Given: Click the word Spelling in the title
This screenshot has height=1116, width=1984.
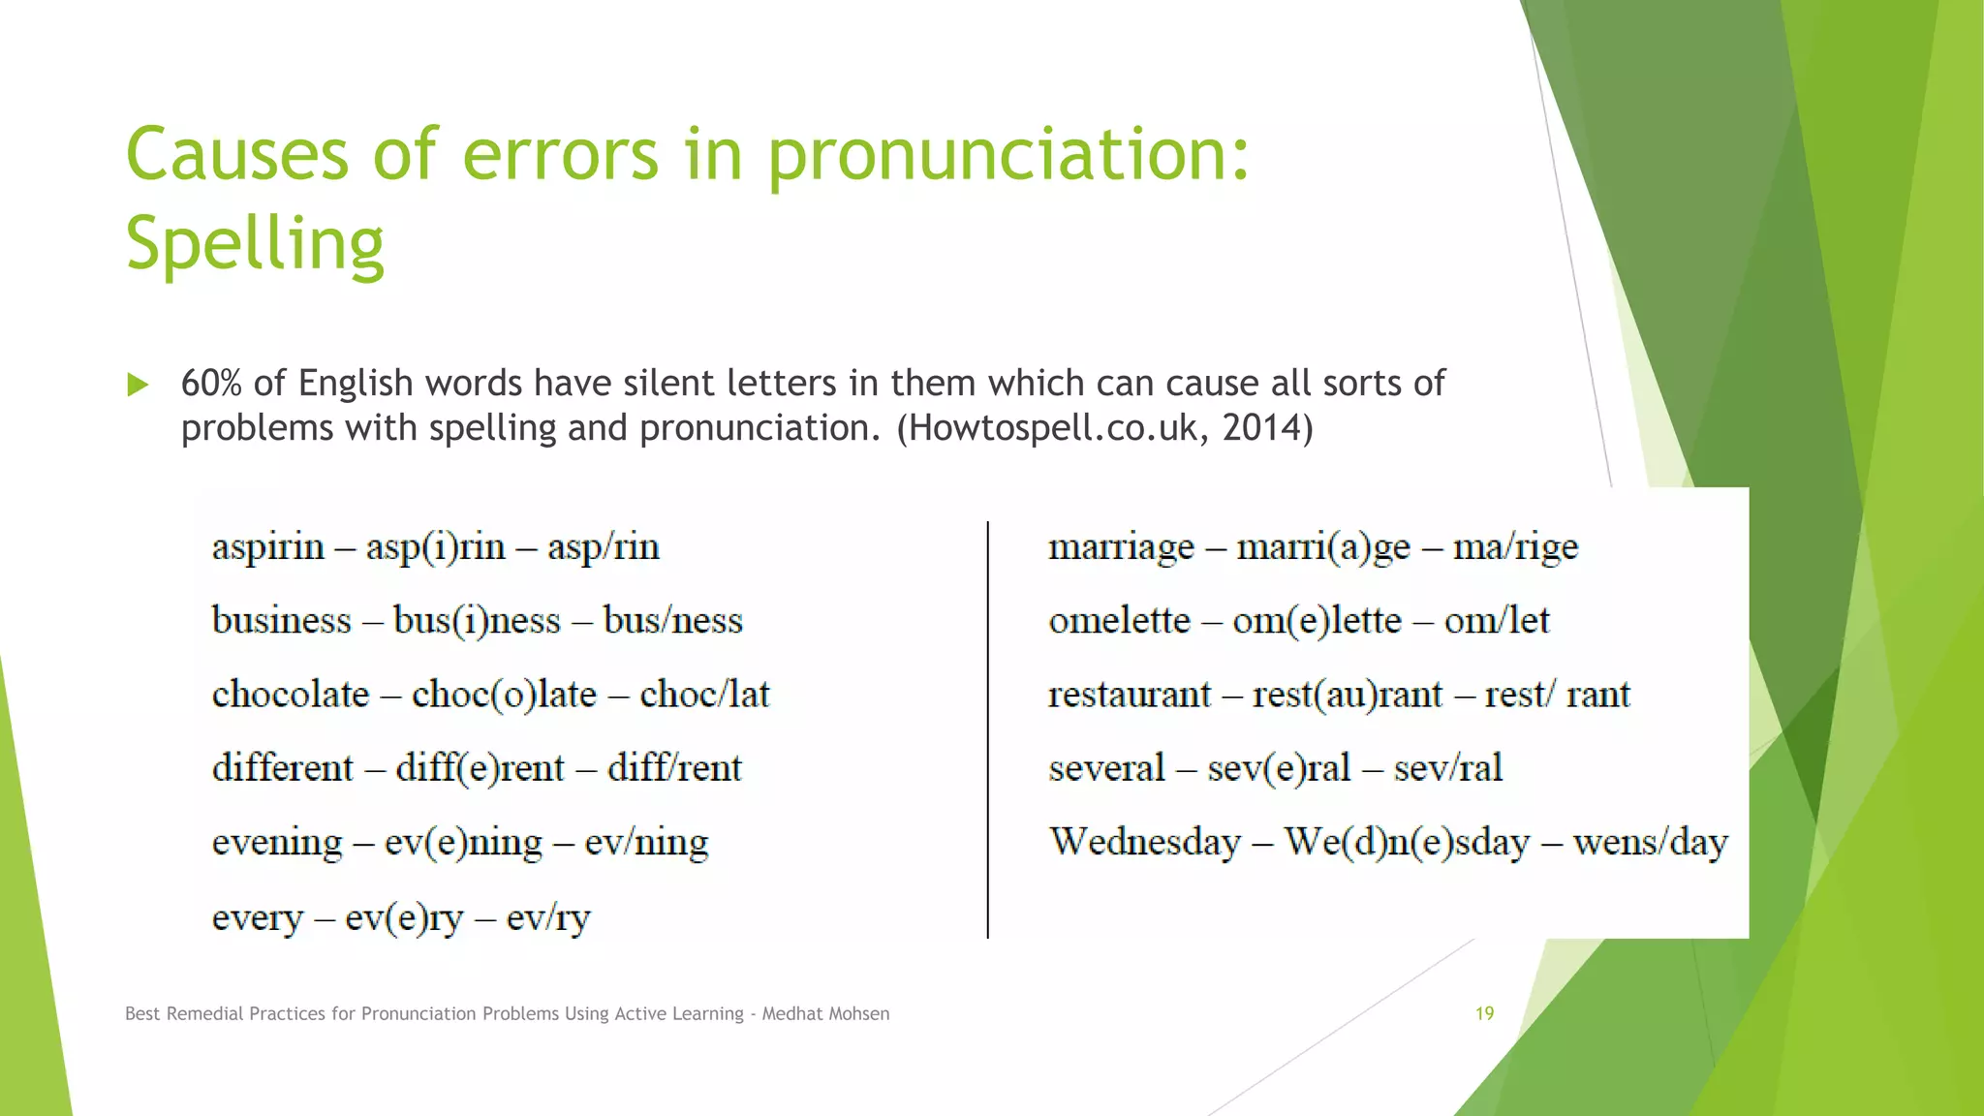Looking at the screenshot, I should (x=255, y=244).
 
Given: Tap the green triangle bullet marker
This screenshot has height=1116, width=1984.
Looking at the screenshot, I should (x=138, y=386).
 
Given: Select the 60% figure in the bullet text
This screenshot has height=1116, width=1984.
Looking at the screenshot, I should (x=211, y=384).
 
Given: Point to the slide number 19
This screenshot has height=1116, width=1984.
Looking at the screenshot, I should (x=1484, y=1013).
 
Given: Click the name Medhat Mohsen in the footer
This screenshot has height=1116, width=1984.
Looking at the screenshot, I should (x=825, y=1014).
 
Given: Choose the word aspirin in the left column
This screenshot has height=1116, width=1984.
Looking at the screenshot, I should (x=268, y=548).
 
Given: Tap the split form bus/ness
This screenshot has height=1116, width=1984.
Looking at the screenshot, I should (x=672, y=621).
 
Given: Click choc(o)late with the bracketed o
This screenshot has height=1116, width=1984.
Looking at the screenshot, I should (x=504, y=696).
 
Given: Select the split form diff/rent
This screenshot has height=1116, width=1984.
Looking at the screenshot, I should (x=674, y=769).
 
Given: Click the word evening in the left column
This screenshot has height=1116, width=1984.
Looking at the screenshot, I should (x=277, y=843).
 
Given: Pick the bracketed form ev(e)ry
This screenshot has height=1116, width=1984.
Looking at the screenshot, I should (x=404, y=917).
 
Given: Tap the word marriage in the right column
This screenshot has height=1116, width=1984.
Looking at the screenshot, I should (x=1121, y=548).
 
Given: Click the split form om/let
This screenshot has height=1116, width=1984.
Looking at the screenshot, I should (x=1497, y=621).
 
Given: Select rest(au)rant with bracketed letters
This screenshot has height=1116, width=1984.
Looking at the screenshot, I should (x=1347, y=696).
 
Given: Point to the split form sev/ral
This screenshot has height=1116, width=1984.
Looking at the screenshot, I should (x=1447, y=769).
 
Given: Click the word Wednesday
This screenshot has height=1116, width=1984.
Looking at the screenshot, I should (x=1145, y=842).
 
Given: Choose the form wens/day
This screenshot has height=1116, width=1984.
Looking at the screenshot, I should (x=1650, y=843).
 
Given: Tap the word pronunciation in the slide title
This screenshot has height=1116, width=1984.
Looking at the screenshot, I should (x=1007, y=155).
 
